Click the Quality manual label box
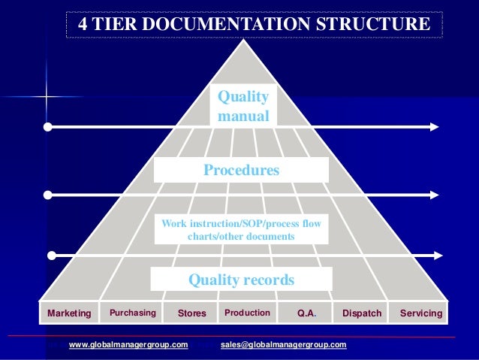(243, 107)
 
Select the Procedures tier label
(241, 171)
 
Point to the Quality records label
(241, 280)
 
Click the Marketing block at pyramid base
(68, 313)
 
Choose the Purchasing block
(133, 312)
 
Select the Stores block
(191, 313)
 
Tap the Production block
(247, 312)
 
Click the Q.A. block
(306, 313)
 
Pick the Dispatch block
(362, 313)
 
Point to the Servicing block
(420, 313)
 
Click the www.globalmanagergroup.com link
(128, 345)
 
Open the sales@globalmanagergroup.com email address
(284, 345)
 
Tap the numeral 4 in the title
(83, 24)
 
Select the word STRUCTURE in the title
(384, 24)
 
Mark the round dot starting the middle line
(48, 195)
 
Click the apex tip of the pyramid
(242, 39)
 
